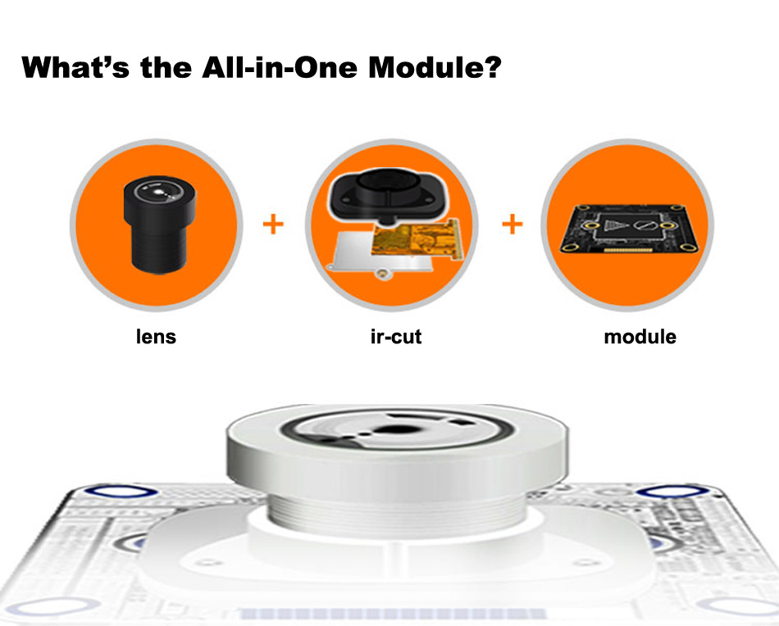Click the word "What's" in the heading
pyautogui.click(x=75, y=67)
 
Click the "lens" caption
pyautogui.click(x=156, y=337)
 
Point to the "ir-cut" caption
pyautogui.click(x=396, y=337)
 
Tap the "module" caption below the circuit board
pyautogui.click(x=640, y=337)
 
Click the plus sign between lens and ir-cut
pyautogui.click(x=273, y=224)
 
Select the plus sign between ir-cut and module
pyautogui.click(x=512, y=224)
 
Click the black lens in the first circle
pyautogui.click(x=159, y=225)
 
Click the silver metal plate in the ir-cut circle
pyautogui.click(x=362, y=253)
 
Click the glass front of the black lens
pyautogui.click(x=158, y=192)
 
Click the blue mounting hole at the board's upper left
pyautogui.click(x=121, y=492)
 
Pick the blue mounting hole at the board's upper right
pyautogui.click(x=674, y=492)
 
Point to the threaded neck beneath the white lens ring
pyautogui.click(x=395, y=511)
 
